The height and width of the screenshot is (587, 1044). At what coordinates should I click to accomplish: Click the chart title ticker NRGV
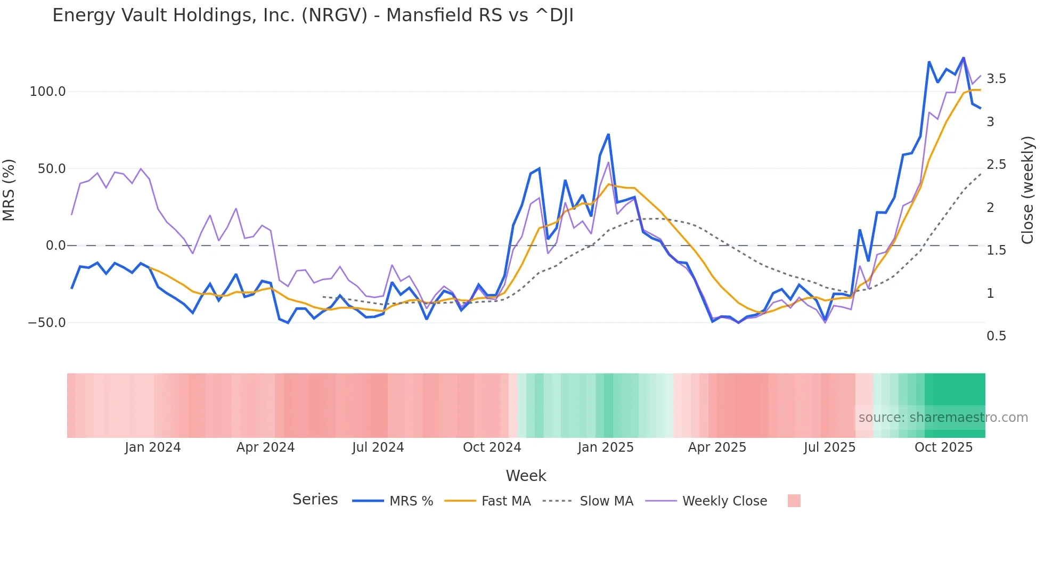(x=335, y=15)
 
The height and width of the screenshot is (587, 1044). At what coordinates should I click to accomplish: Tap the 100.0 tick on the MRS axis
(x=47, y=92)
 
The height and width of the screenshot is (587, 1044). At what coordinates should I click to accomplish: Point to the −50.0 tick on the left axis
(x=46, y=323)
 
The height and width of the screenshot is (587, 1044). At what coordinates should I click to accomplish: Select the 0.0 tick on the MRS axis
(x=55, y=246)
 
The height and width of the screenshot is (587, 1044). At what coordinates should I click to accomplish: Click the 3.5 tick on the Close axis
(x=996, y=79)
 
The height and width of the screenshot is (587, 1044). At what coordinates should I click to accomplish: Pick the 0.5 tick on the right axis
(x=996, y=336)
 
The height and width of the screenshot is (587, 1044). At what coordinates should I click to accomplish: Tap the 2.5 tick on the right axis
(x=996, y=165)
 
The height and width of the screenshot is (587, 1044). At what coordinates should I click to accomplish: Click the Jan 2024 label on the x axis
(x=153, y=447)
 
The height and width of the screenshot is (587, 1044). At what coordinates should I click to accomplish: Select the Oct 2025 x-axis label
(x=943, y=447)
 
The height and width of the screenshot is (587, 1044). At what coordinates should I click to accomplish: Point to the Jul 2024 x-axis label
(x=378, y=447)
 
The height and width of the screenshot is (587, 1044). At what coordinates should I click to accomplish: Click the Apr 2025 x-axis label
(x=717, y=447)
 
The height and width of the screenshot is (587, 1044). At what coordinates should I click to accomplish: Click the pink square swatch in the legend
(x=794, y=501)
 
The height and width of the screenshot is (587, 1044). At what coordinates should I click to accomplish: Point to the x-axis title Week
(x=526, y=476)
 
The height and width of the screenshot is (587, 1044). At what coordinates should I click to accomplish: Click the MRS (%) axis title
(x=9, y=190)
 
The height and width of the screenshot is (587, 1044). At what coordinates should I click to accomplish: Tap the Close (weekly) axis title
(x=1028, y=190)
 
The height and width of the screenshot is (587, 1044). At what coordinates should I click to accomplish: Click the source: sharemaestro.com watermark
(x=943, y=418)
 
